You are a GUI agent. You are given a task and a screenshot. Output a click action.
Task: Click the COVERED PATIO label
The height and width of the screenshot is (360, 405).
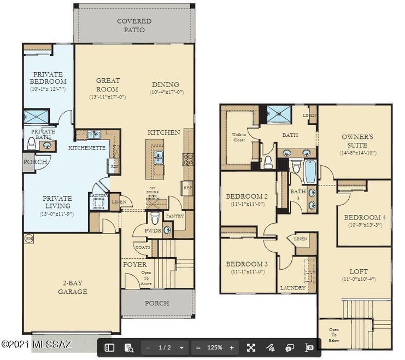134,25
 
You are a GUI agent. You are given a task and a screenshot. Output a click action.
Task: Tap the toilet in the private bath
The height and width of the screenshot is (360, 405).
32,143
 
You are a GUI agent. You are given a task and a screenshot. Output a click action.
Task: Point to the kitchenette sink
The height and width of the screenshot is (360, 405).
92,135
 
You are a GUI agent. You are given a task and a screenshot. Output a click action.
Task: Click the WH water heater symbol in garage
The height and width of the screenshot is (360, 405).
28,239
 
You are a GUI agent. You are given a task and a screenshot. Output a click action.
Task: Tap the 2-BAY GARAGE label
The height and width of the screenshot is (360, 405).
73,287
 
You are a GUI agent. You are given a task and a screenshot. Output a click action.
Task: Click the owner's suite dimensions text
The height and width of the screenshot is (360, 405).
357,153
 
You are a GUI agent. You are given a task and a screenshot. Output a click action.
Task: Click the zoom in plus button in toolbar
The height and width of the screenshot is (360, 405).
232,347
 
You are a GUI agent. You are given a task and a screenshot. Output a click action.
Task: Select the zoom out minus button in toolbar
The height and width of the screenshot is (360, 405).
198,347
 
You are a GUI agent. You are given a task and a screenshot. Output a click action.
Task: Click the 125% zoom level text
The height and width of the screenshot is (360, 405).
215,347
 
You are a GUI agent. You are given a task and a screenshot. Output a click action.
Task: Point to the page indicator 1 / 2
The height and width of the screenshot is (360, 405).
165,347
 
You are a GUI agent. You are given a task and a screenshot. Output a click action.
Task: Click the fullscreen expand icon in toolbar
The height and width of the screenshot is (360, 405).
251,347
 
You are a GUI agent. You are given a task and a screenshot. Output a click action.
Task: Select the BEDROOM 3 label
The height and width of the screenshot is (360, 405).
246,264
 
